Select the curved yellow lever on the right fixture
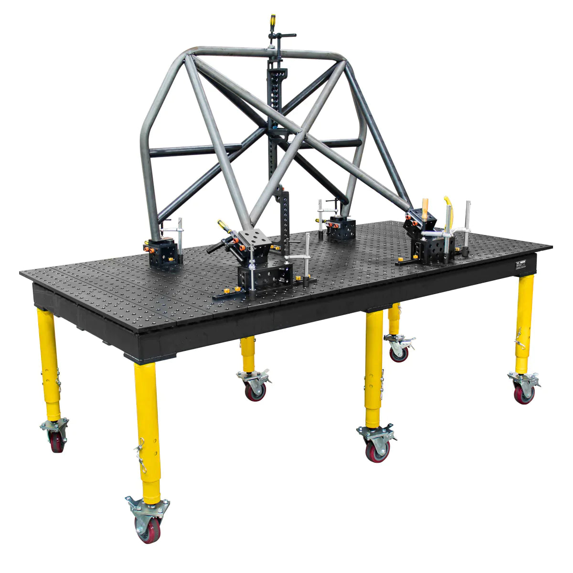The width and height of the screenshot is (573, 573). click(x=447, y=202)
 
